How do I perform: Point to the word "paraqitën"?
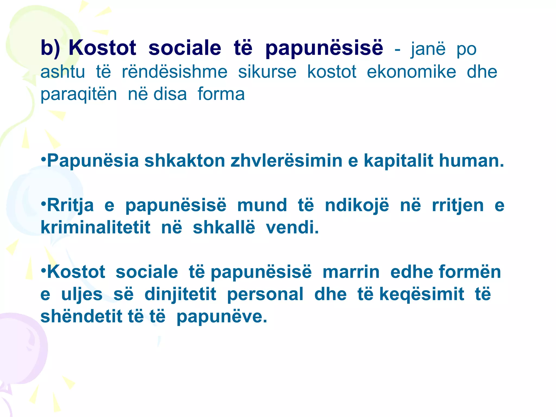pyautogui.click(x=79, y=94)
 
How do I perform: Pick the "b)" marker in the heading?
pyautogui.click(x=50, y=48)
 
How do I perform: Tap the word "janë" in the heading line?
pyautogui.click(x=428, y=49)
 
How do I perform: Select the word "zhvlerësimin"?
pyautogui.click(x=286, y=161)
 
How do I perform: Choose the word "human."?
pyautogui.click(x=472, y=161)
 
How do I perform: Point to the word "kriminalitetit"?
pyautogui.click(x=95, y=227)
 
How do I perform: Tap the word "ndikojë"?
pyautogui.click(x=357, y=206)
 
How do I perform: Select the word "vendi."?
pyautogui.click(x=292, y=227)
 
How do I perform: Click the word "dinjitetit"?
pyautogui.click(x=180, y=294)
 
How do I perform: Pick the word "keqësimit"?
pyautogui.click(x=422, y=294)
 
